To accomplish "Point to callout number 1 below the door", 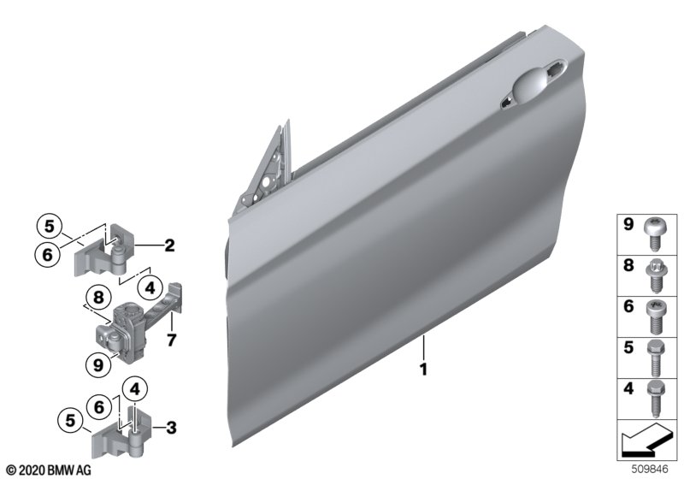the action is [422, 369].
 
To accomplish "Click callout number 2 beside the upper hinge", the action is [169, 245].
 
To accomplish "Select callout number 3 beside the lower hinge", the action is [172, 428].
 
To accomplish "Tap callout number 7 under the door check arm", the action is [172, 340].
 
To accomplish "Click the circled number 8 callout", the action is [98, 298].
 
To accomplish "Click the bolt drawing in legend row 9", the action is [654, 234].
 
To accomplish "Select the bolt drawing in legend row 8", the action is [654, 275].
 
